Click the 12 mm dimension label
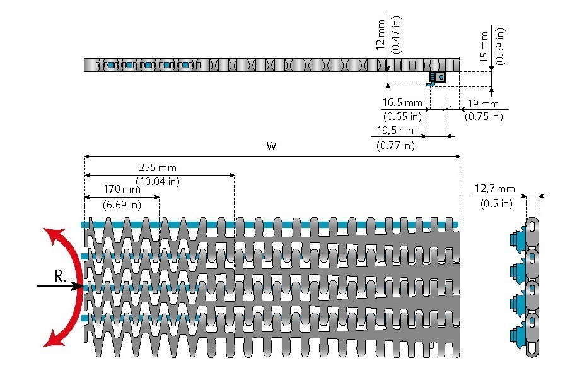(380, 35)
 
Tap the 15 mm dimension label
(484, 46)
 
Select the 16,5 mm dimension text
(402, 102)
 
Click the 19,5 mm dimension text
(397, 131)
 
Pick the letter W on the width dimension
(271, 146)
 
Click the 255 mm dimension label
(158, 168)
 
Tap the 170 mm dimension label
(122, 189)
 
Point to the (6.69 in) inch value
(122, 204)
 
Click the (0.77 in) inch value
(396, 145)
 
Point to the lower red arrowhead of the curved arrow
(50, 340)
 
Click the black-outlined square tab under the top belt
(437, 77)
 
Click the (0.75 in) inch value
(484, 116)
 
